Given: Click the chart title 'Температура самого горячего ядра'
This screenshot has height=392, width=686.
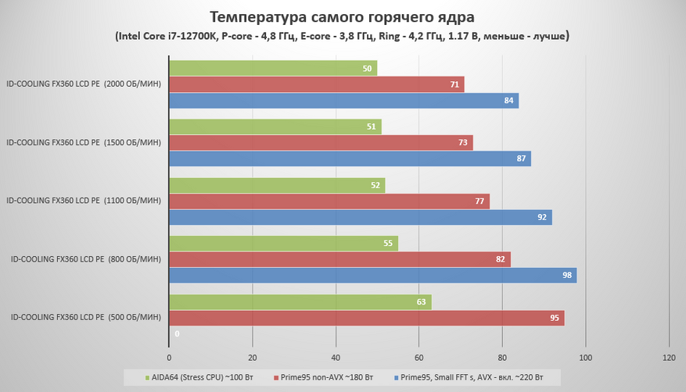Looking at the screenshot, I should click(343, 16).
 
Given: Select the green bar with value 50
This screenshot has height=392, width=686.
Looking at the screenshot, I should click(273, 69).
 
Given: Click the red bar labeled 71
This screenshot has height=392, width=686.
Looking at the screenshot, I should click(317, 84).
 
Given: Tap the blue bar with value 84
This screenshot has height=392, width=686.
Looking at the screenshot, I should click(343, 101).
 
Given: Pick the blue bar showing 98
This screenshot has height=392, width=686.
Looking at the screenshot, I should click(373, 276).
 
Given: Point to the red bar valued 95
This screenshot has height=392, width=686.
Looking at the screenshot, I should click(367, 319).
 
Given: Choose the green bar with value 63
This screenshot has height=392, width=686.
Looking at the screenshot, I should click(300, 302).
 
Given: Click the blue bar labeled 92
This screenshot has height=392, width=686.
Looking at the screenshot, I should click(361, 218).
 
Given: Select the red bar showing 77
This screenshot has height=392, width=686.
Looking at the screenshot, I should click(329, 201).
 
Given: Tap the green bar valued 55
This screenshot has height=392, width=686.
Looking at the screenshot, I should click(284, 244).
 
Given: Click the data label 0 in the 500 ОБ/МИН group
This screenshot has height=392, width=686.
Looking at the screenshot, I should click(177, 334).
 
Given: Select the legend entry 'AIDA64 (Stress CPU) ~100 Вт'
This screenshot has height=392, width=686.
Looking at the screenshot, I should click(199, 378).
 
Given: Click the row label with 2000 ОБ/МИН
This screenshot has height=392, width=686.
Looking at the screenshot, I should click(84, 84).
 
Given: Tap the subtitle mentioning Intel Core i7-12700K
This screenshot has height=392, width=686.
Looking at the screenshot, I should click(343, 36).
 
